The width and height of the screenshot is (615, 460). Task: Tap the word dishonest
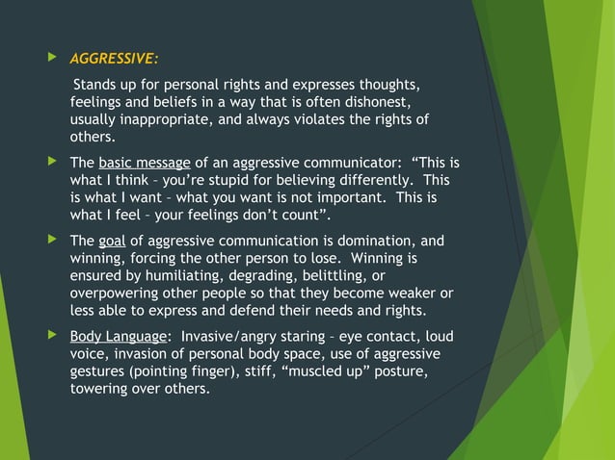pyautogui.click(x=379, y=101)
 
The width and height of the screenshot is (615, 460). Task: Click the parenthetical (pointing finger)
pyautogui.click(x=191, y=371)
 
